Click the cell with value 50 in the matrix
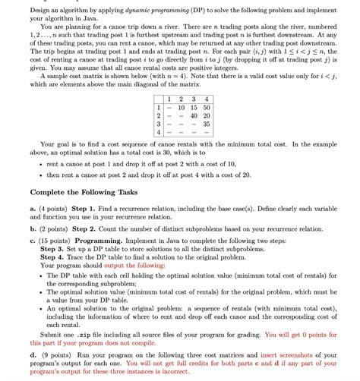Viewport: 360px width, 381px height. point(206,108)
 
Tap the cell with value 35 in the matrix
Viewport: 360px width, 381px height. point(206,124)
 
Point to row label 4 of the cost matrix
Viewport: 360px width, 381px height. point(159,132)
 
